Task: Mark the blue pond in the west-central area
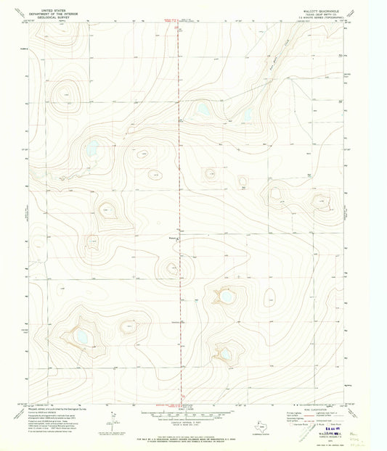91,152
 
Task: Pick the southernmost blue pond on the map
226,353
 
